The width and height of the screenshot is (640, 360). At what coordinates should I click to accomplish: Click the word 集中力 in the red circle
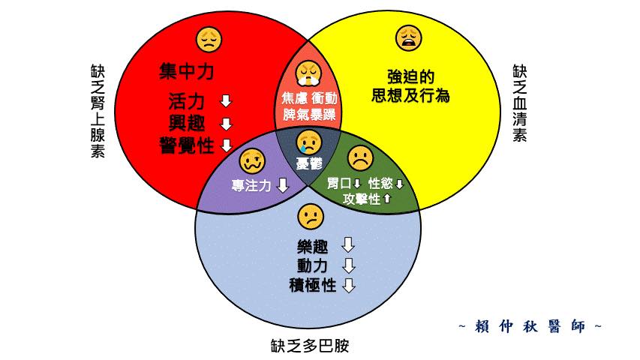[187, 71]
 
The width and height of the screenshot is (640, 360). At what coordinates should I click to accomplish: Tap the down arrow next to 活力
[226, 100]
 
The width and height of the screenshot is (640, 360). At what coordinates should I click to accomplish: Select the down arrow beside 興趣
[226, 124]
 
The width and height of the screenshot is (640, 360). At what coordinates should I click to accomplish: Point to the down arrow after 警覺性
[227, 145]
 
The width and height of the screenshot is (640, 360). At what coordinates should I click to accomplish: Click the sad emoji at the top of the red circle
[209, 40]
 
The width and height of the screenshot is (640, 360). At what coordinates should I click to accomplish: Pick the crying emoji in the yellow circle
[409, 38]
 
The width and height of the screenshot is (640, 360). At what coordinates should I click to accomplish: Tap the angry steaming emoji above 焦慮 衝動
[309, 73]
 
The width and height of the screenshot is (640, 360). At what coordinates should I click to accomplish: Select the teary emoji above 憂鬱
[309, 142]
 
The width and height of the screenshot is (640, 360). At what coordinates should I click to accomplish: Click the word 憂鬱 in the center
[309, 164]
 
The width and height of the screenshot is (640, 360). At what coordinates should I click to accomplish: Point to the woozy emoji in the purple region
[252, 160]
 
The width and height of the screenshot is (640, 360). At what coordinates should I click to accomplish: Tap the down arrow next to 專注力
[283, 185]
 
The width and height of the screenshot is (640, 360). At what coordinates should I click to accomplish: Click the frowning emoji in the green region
[360, 158]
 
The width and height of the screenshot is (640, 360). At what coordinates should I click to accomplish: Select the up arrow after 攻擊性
[387, 199]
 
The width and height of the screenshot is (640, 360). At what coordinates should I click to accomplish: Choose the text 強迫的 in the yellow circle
[410, 76]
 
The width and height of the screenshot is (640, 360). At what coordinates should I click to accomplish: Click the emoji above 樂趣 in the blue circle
[311, 217]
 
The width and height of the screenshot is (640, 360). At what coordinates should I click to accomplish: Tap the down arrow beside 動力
[348, 265]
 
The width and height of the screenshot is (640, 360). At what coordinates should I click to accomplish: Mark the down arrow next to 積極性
[349, 285]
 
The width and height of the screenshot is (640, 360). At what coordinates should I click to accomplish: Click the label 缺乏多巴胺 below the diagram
[310, 346]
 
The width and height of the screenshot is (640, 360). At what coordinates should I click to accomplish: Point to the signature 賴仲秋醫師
[530, 326]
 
